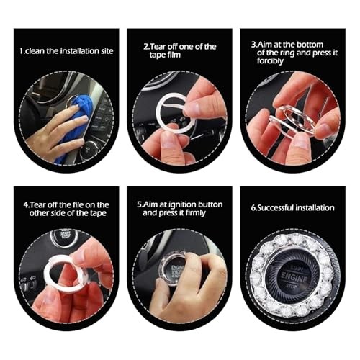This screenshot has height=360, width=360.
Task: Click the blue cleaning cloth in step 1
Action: click(x=73, y=119)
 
